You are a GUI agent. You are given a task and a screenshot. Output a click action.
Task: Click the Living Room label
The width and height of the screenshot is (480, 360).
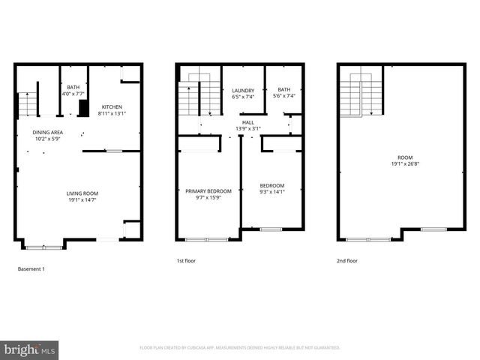82,193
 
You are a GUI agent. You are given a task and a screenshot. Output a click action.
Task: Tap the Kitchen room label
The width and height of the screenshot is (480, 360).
112,106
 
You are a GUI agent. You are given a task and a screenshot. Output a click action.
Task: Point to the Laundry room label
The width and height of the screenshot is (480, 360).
243,90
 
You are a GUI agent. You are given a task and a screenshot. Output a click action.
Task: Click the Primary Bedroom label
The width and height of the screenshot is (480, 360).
208,191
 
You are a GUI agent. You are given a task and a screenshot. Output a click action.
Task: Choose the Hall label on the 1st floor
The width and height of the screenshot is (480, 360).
248,122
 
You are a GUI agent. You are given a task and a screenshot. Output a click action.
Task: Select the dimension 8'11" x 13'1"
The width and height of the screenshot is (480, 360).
112,113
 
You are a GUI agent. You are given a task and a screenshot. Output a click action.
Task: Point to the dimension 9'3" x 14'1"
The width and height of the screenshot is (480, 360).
272,191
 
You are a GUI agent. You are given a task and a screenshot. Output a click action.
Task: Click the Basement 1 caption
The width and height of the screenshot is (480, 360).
31,268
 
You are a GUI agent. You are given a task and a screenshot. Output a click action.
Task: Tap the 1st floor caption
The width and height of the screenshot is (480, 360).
186,261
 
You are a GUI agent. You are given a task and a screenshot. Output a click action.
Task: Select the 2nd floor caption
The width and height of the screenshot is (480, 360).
347,261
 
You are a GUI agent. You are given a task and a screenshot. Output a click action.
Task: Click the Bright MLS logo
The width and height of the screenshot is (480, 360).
30,349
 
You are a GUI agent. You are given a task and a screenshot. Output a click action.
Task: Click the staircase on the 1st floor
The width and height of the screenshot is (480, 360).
199,95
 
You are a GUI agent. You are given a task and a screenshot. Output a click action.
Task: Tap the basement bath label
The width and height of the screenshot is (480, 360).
73,87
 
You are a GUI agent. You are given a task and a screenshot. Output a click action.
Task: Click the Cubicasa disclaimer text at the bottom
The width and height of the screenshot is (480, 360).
240,348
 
